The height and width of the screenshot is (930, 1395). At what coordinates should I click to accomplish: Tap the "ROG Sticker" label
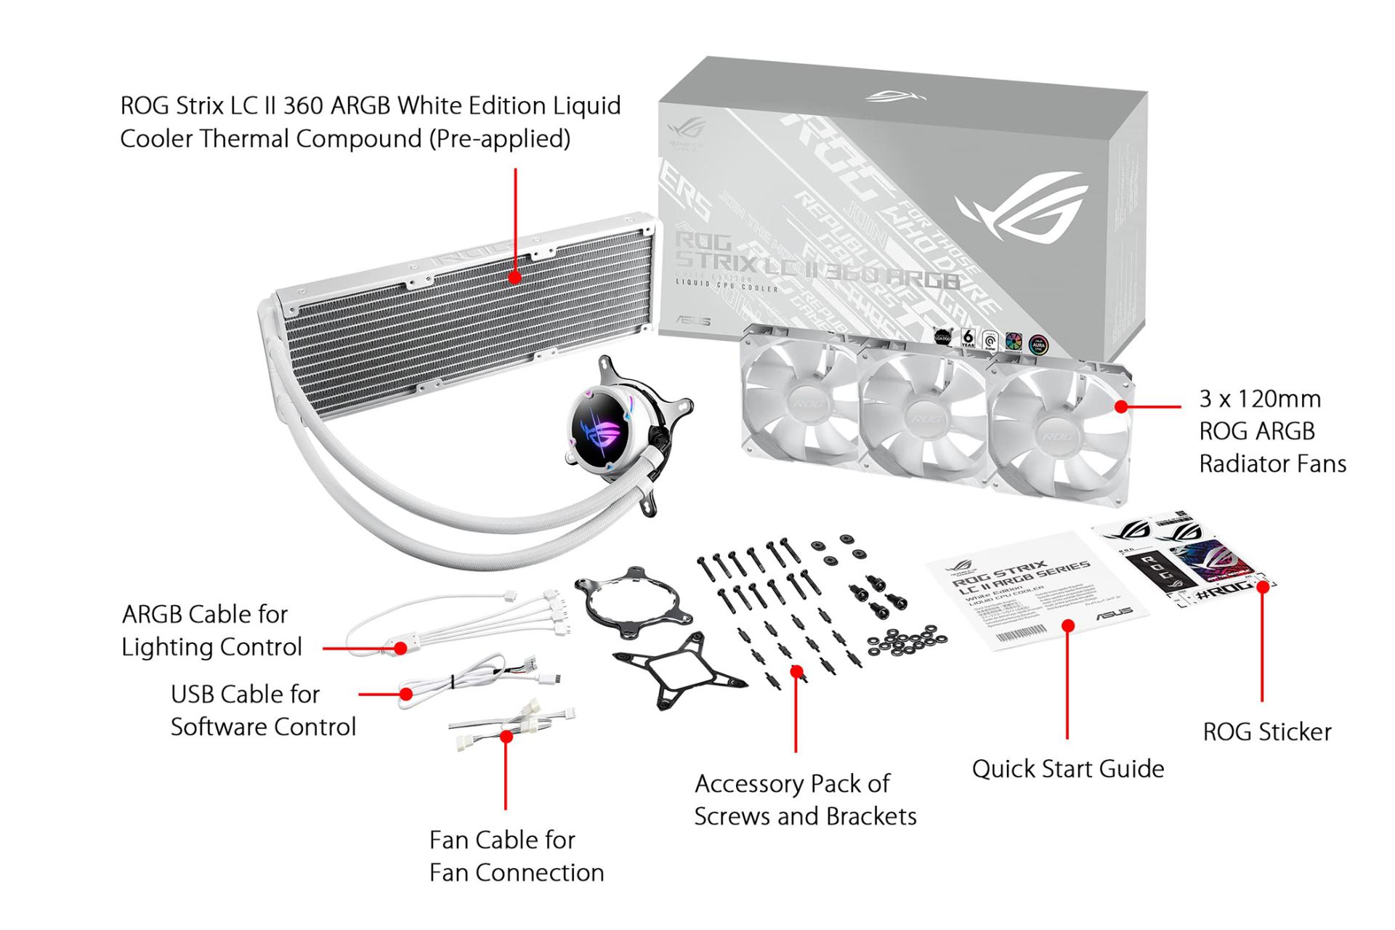(x=1267, y=732)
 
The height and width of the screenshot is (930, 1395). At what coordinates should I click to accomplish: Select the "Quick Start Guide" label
(x=1067, y=769)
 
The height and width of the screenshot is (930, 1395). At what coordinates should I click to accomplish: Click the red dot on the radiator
(x=515, y=277)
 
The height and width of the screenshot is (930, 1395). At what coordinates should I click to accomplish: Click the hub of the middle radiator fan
(x=924, y=418)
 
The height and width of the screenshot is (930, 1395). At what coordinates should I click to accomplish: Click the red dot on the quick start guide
(x=1068, y=626)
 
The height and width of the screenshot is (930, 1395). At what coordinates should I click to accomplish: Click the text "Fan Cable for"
(x=502, y=840)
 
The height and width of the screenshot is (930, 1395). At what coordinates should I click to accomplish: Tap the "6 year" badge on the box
(x=968, y=337)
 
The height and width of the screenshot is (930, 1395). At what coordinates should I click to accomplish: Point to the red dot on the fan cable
(x=507, y=736)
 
